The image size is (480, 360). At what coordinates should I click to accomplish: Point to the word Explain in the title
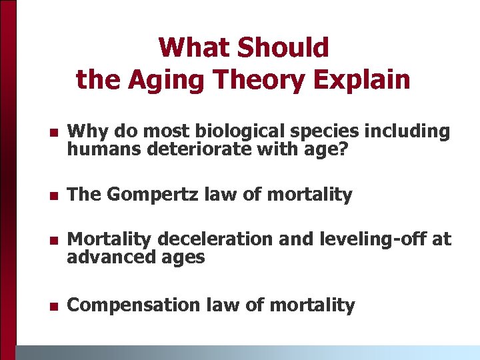click(x=366, y=79)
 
